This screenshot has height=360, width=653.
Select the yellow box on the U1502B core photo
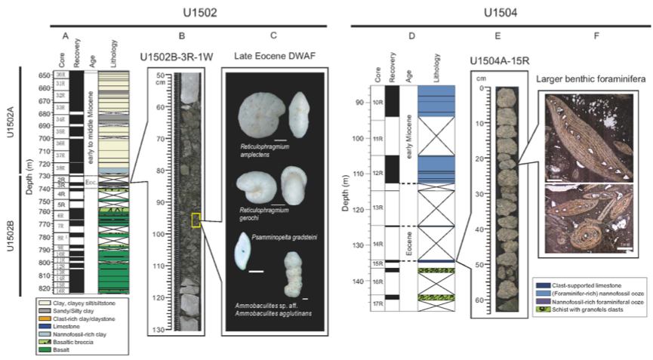[196, 220]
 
